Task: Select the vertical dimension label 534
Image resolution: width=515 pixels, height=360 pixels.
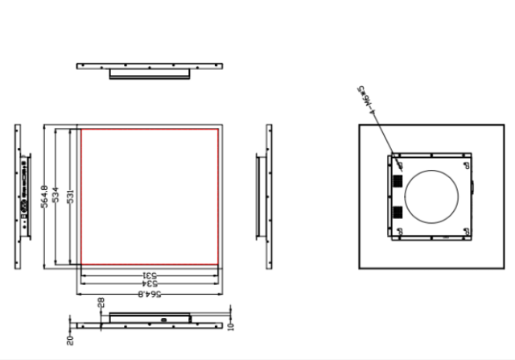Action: click(x=56, y=197)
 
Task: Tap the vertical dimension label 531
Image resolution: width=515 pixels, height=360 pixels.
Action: click(x=71, y=197)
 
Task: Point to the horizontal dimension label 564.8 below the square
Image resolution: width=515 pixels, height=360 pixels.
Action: click(x=148, y=294)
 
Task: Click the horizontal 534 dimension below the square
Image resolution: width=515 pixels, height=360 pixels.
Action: click(x=149, y=284)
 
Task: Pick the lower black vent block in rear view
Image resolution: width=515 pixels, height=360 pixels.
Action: click(x=398, y=213)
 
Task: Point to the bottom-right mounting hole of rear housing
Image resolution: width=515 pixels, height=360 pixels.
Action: click(x=465, y=230)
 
